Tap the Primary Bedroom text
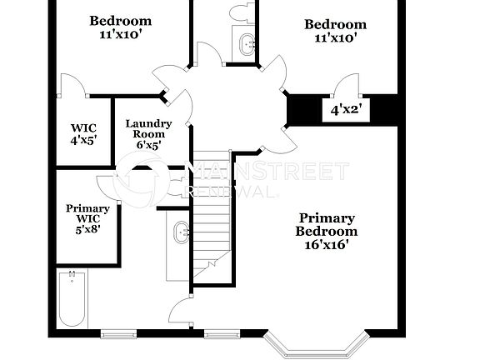click(327, 225)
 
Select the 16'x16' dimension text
click(327, 245)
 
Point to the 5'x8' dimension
click(87, 229)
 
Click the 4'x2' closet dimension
click(346, 109)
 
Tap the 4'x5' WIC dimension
click(83, 140)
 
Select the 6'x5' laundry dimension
click(148, 144)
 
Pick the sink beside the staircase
click(181, 232)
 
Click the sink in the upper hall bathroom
click(247, 43)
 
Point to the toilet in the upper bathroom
click(242, 11)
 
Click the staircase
click(211, 217)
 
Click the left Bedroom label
click(121, 20)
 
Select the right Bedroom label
click(335, 24)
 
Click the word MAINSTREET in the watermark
click(267, 172)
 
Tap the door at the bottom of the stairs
click(181, 312)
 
